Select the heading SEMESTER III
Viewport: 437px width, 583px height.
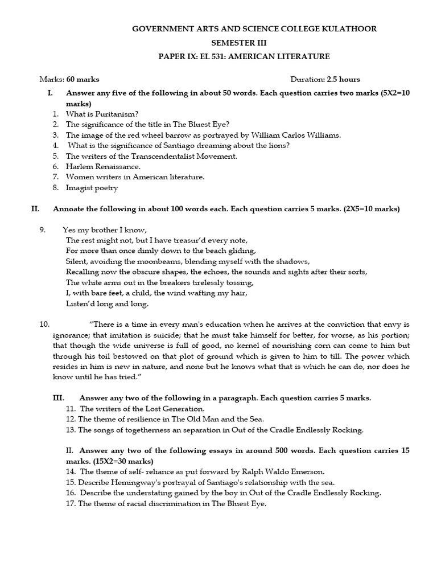pyautogui.click(x=238, y=42)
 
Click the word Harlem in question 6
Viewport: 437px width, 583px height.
pyautogui.click(x=79, y=166)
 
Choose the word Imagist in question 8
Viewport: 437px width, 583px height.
pyautogui.click(x=80, y=187)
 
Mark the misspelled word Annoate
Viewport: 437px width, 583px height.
pyautogui.click(x=69, y=209)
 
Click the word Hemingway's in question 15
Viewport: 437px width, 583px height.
pyautogui.click(x=131, y=482)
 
